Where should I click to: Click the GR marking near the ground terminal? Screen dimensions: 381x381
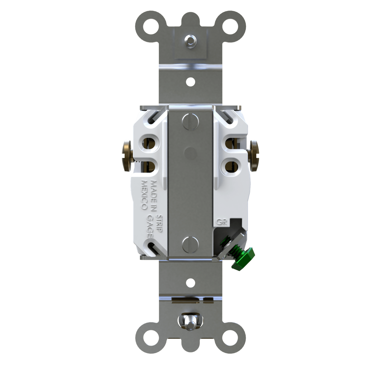[x=221, y=222]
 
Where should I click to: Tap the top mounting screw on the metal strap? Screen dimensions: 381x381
[x=190, y=40]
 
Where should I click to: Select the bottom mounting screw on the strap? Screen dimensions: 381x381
[x=190, y=320]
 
